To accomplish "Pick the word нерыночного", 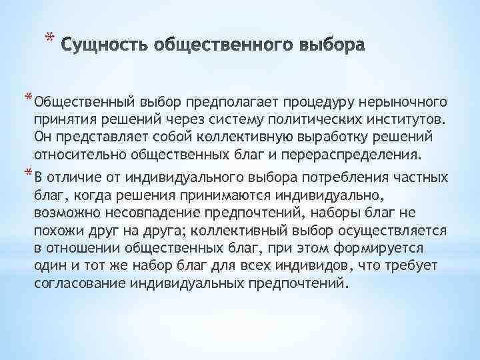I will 401,103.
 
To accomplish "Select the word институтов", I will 396,121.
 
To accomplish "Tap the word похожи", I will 55,231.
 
